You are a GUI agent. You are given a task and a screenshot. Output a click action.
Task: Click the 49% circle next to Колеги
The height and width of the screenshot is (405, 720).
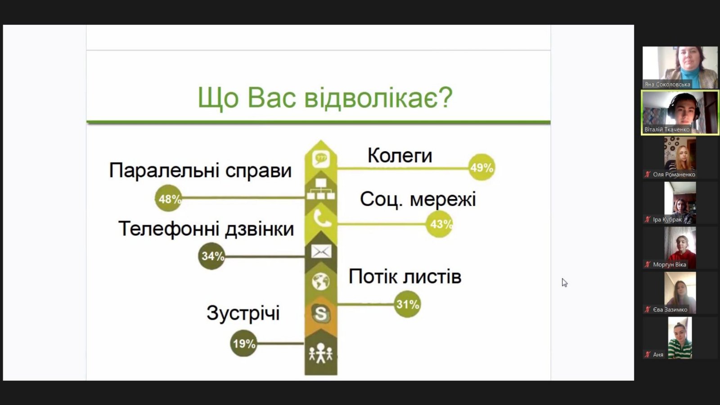(481, 167)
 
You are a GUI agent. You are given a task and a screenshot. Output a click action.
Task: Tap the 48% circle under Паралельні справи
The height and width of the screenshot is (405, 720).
(168, 198)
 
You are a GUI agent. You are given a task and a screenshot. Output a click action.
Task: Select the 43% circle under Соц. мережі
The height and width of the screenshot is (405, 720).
(439, 224)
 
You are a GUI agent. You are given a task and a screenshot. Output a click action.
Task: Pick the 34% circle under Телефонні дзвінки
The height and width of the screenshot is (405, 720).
(211, 256)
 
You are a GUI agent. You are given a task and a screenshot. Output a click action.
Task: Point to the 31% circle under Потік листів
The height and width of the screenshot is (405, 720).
(407, 304)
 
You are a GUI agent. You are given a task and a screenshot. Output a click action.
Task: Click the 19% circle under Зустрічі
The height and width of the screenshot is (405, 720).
(243, 343)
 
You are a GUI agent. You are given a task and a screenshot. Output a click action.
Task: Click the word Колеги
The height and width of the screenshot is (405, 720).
(400, 156)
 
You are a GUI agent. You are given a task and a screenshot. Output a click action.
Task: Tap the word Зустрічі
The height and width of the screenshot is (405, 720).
(243, 313)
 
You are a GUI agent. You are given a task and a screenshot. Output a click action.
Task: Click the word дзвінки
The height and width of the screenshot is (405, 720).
(259, 229)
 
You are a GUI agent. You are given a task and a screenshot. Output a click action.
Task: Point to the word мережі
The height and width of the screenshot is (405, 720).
(443, 199)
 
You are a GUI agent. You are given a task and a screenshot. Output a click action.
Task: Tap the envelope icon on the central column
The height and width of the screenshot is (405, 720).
(321, 252)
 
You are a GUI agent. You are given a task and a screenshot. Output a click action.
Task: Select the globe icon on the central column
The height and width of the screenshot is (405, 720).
(321, 282)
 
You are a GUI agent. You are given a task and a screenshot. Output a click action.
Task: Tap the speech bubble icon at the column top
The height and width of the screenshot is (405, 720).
(321, 159)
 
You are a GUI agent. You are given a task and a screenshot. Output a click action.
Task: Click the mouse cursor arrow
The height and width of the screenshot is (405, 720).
(564, 283)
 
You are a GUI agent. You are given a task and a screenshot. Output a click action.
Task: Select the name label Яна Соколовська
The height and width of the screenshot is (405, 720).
(667, 85)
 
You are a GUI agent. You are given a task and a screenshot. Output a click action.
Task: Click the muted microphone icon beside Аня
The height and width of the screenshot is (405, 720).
(648, 355)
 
